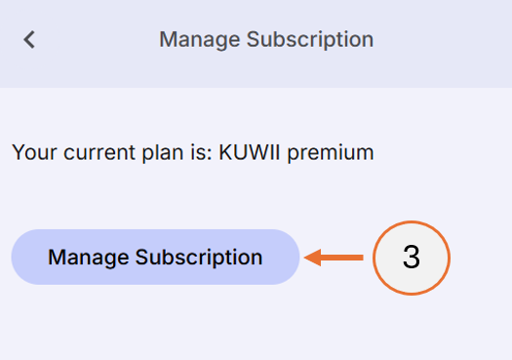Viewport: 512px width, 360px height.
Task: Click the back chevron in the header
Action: click(x=29, y=40)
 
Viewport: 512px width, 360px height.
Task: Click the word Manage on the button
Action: click(x=89, y=258)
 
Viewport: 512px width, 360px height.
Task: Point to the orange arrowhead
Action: click(x=312, y=258)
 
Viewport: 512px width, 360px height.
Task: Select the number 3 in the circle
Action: click(x=411, y=258)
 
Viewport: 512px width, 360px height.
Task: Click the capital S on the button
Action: click(x=141, y=258)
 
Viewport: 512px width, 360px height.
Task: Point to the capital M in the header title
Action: click(x=167, y=40)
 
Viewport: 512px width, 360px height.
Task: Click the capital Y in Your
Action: click(x=17, y=152)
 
